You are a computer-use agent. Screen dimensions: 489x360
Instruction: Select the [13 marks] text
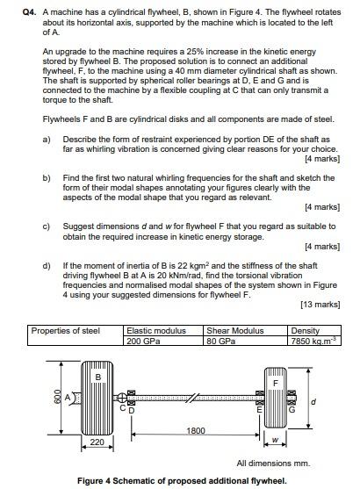click(x=320, y=304)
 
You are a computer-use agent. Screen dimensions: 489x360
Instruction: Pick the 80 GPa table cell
click(x=221, y=341)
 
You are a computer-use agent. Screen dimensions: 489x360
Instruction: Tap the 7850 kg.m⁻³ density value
click(x=314, y=341)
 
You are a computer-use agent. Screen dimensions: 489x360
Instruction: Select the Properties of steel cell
click(x=66, y=331)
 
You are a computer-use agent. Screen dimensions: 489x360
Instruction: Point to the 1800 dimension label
click(x=196, y=430)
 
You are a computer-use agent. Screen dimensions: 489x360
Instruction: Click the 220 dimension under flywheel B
click(x=97, y=442)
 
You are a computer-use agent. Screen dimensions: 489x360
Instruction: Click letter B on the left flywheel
click(x=97, y=377)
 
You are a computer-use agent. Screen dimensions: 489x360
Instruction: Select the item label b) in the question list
click(x=47, y=176)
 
